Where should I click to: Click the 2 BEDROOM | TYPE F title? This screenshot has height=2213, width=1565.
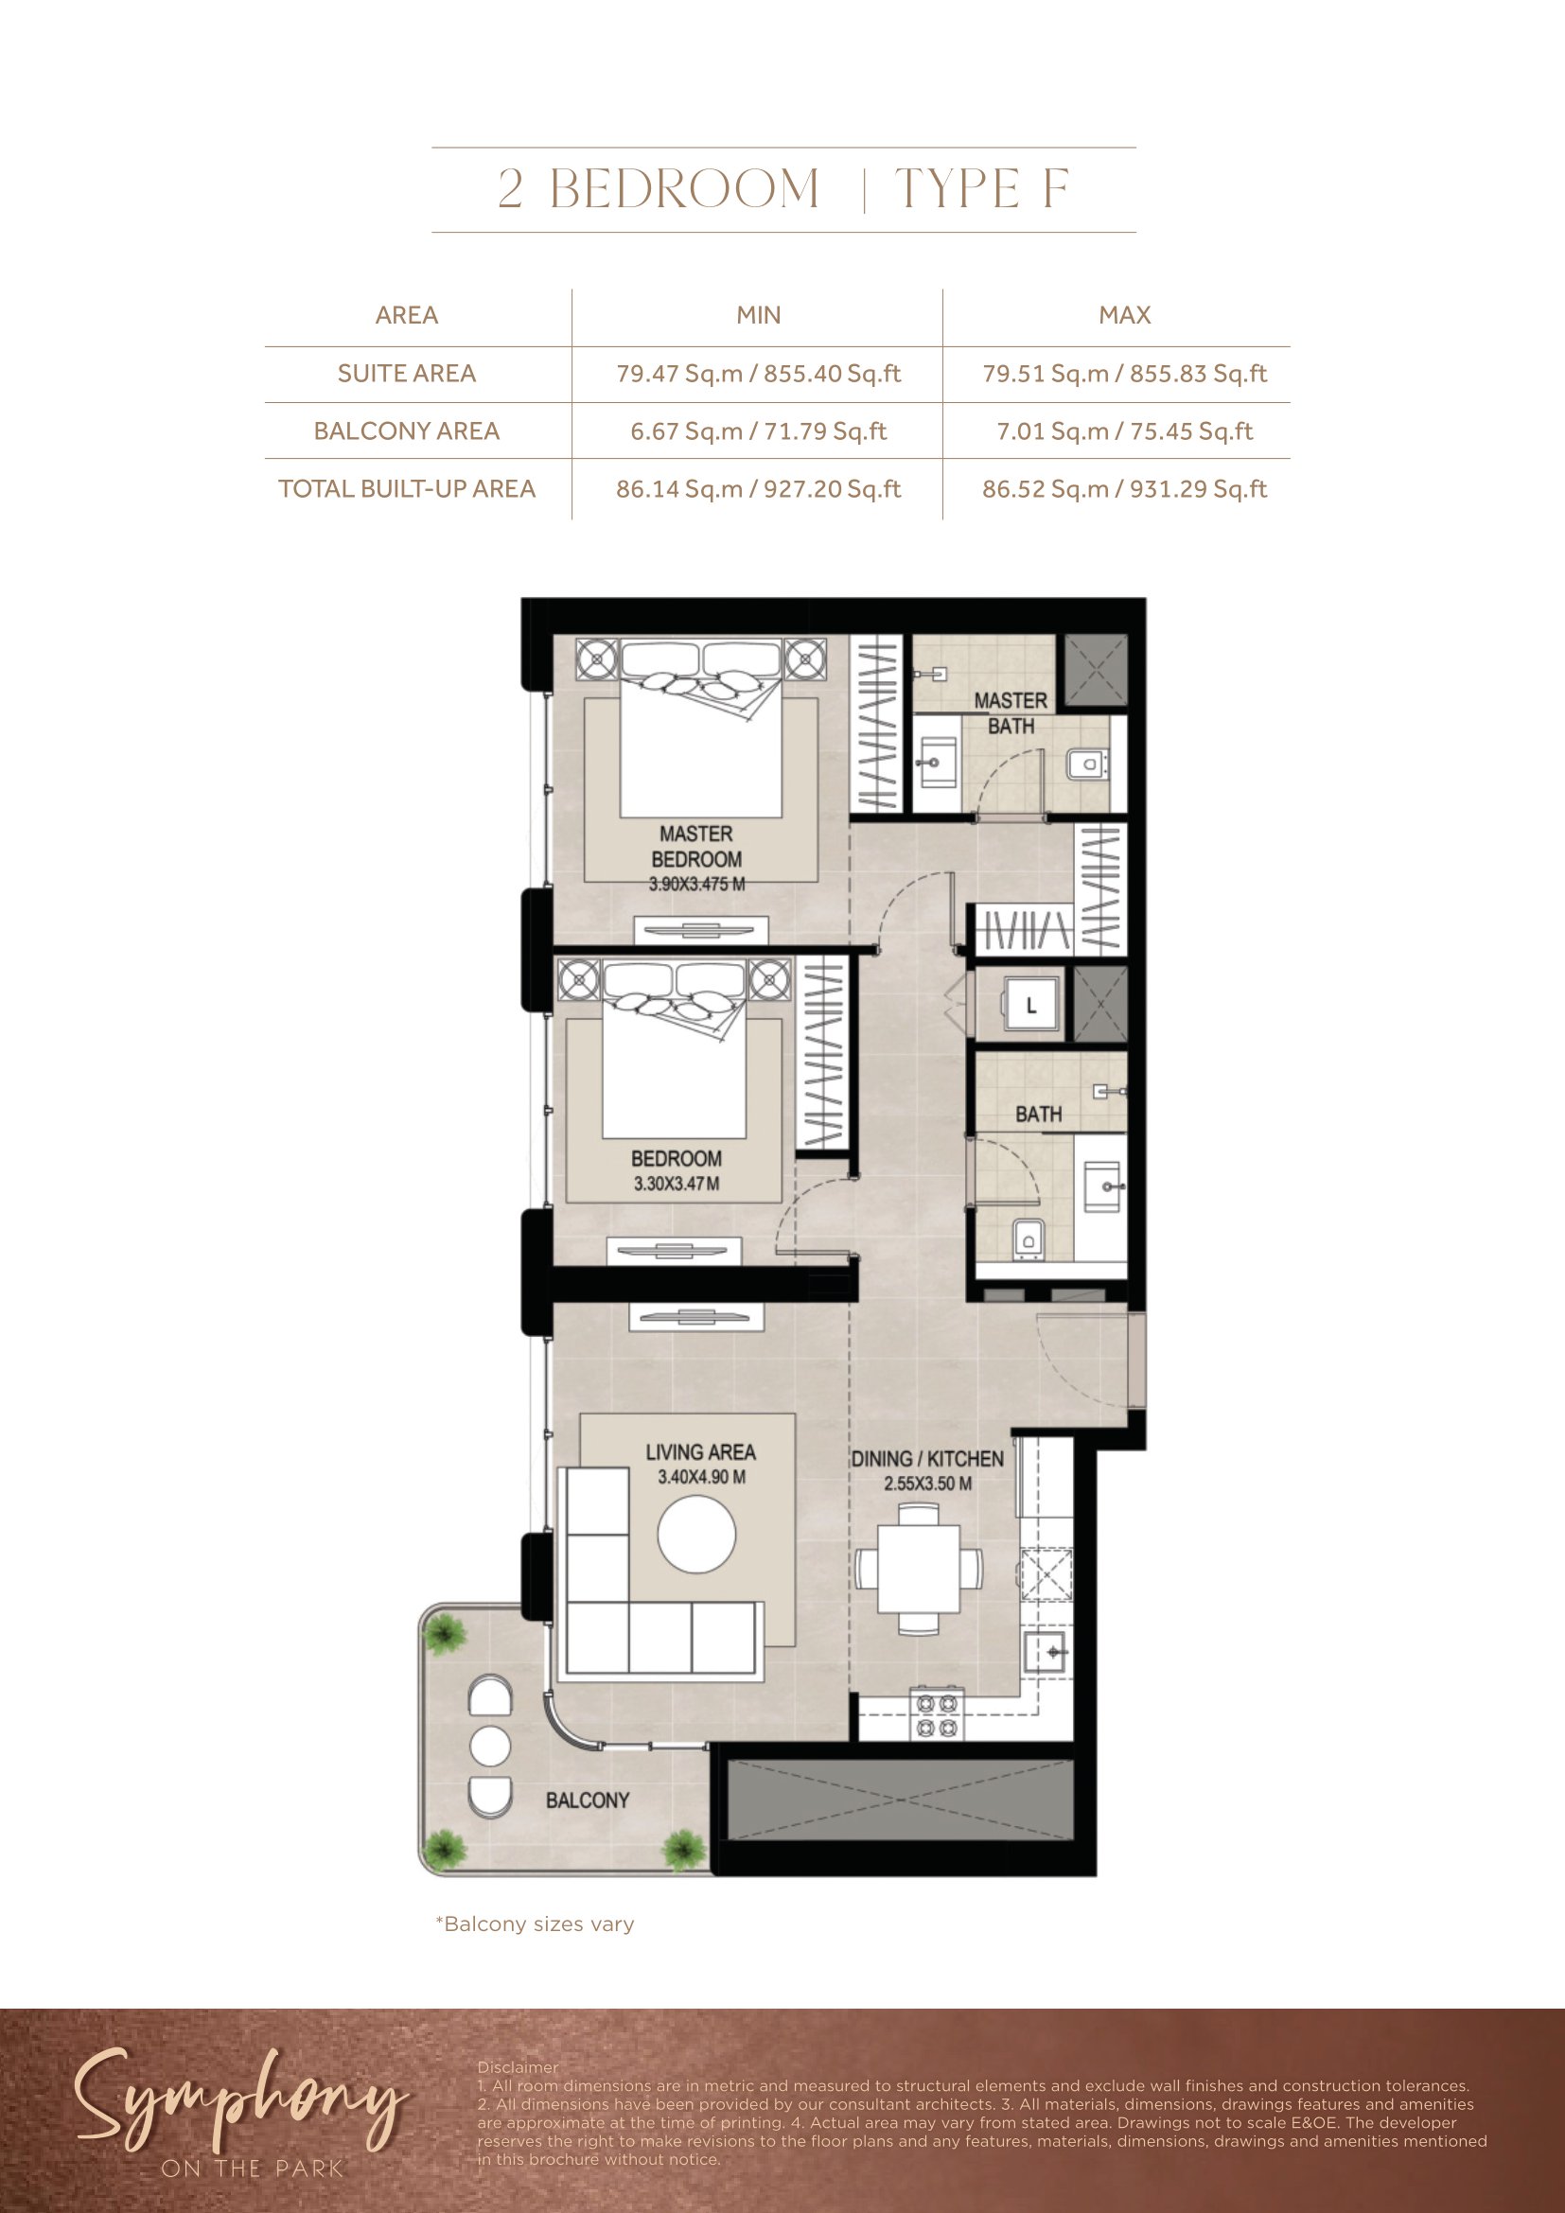tap(782, 189)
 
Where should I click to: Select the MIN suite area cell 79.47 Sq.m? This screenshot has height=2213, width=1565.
tap(759, 374)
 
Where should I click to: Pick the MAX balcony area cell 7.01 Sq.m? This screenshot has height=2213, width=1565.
tap(1125, 431)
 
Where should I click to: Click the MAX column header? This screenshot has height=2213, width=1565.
tap(1125, 315)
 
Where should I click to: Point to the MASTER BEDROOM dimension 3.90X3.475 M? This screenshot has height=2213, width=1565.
tap(696, 884)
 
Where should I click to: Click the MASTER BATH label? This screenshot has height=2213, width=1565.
tap(1011, 713)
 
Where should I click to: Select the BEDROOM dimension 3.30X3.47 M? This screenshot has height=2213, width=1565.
tap(677, 1184)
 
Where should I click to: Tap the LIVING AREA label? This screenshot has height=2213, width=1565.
tap(700, 1452)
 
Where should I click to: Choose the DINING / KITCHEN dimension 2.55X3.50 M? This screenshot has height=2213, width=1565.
tap(928, 1484)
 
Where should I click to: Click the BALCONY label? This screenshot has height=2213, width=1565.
tap(588, 1800)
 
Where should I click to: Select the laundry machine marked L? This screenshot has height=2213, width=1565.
tap(1030, 1006)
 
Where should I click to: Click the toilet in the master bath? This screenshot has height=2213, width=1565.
tap(1088, 764)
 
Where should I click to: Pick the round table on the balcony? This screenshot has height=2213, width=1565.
tap(489, 1746)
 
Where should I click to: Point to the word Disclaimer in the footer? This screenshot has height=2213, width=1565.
tap(518, 2067)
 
